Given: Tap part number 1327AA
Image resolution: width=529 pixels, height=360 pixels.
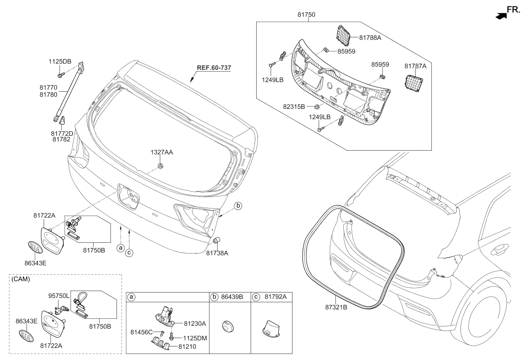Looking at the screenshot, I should pyautogui.click(x=161, y=152).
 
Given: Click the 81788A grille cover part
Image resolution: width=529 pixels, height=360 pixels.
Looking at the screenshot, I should pyautogui.click(x=342, y=34).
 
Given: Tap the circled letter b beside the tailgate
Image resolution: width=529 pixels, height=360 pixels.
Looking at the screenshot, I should pyautogui.click(x=238, y=206).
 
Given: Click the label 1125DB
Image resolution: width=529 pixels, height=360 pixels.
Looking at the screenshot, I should pyautogui.click(x=60, y=61).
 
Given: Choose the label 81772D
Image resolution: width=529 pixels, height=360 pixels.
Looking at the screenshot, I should pyautogui.click(x=62, y=133).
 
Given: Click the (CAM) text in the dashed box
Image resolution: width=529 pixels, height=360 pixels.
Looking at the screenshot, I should pyautogui.click(x=20, y=279).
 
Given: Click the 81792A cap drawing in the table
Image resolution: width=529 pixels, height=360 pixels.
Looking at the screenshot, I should pyautogui.click(x=269, y=329).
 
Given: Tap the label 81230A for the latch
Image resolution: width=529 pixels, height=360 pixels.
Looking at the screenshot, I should pyautogui.click(x=195, y=323).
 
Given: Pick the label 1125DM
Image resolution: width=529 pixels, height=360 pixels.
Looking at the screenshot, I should pyautogui.click(x=195, y=338).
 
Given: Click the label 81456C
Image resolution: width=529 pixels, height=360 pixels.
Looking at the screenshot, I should pyautogui.click(x=141, y=332).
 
